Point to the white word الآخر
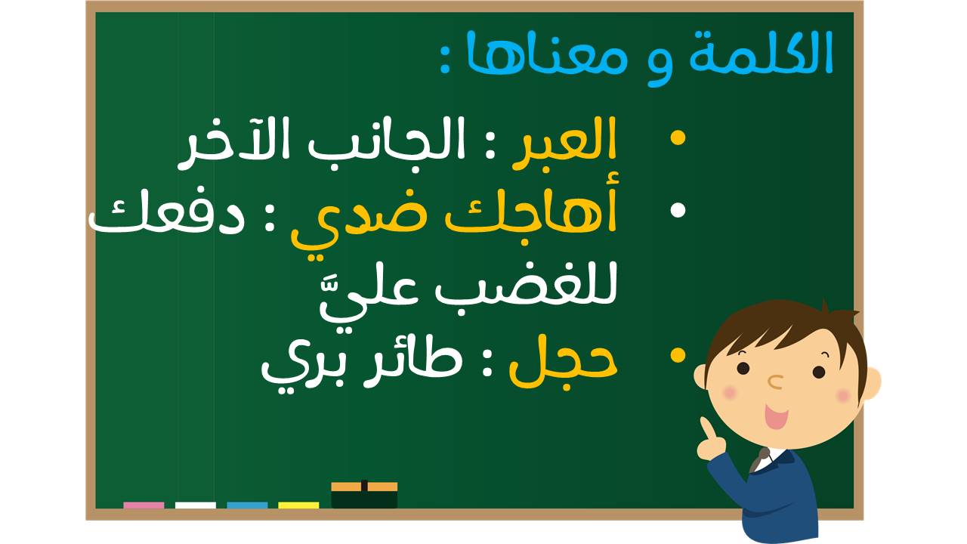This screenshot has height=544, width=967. coord(236,143)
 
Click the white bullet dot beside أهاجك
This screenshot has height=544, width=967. coord(678,210)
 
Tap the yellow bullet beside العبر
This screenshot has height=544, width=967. coord(678,138)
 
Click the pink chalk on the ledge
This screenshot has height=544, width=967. coord(144,505)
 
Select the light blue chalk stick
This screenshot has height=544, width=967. coord(247,505)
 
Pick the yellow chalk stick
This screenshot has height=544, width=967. coord(298,505)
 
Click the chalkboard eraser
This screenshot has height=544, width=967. coord(364,495)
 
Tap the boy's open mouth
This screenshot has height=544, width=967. coord(776,416)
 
